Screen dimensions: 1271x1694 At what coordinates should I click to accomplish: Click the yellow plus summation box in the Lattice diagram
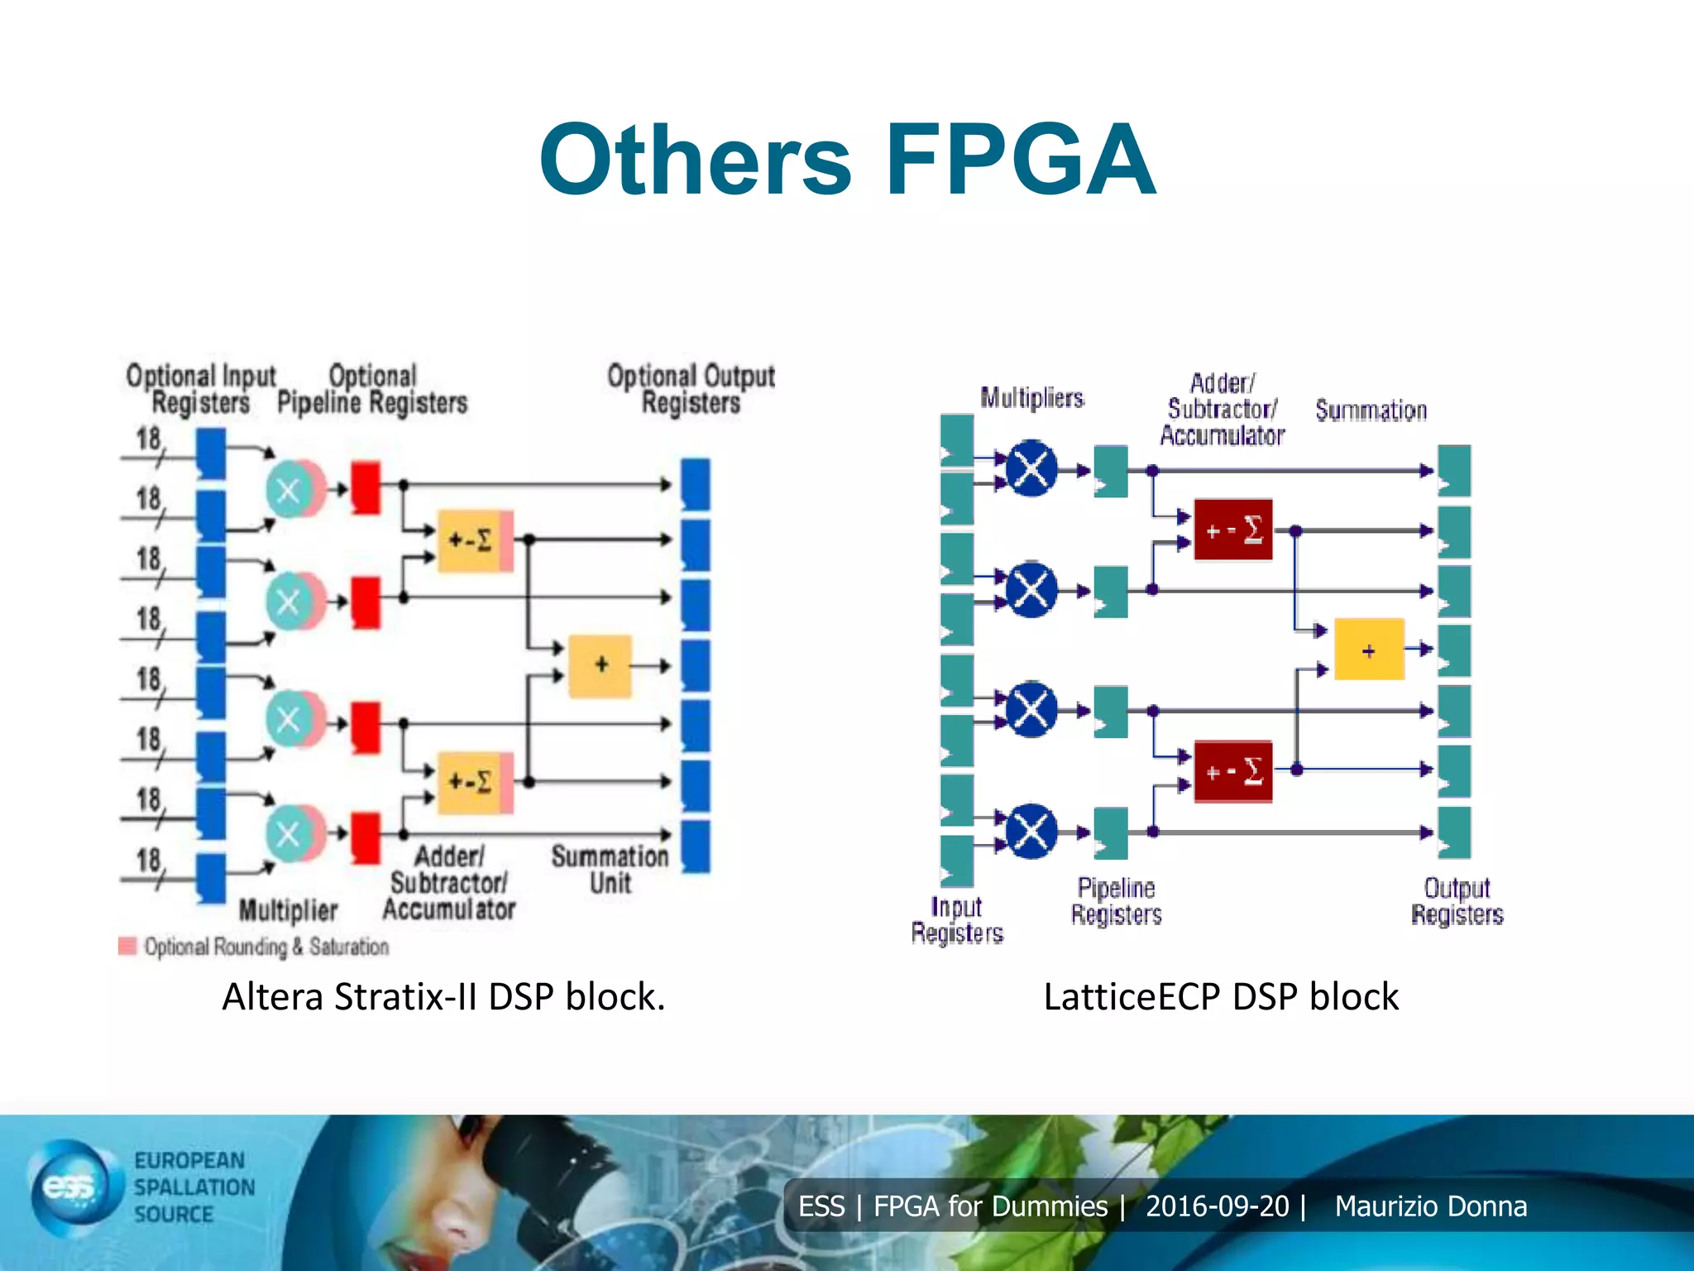click(1369, 650)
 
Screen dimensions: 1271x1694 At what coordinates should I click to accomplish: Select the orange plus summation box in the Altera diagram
click(601, 665)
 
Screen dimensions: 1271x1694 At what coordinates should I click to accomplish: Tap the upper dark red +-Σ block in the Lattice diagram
click(1232, 530)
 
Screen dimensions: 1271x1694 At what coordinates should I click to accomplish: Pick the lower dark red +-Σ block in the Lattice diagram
click(1232, 771)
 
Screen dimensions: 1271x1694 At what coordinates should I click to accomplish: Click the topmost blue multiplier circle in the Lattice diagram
click(1031, 468)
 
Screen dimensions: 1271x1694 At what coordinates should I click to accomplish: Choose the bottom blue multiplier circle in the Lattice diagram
click(1031, 831)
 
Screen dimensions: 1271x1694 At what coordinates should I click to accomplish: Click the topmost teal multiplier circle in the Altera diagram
click(289, 490)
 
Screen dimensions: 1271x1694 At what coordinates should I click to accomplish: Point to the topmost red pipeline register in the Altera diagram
click(366, 487)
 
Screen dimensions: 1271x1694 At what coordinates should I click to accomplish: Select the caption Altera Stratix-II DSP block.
click(443, 996)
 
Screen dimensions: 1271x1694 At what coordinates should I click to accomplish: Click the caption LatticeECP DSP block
click(1221, 996)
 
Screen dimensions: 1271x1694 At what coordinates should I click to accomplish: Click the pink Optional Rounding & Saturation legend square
click(127, 946)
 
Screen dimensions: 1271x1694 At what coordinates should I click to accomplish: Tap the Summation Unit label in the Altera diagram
click(610, 869)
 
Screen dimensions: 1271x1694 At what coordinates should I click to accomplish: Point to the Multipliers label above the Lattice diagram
click(1031, 398)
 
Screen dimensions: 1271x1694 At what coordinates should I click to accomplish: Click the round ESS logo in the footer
click(70, 1188)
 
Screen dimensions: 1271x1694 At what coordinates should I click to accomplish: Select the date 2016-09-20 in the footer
click(1217, 1206)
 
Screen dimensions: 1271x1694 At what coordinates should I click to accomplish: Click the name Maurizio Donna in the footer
click(1430, 1206)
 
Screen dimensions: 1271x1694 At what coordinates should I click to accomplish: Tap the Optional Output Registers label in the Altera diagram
click(691, 389)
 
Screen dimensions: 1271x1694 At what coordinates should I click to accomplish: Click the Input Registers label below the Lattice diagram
click(957, 919)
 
